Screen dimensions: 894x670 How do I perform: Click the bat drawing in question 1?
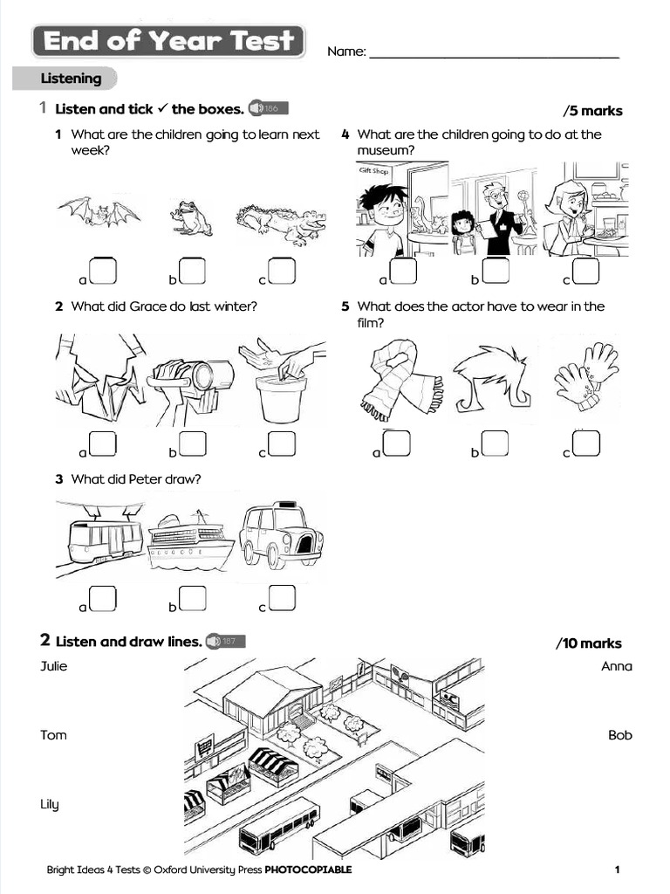99,212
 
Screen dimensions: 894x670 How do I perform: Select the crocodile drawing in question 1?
280,223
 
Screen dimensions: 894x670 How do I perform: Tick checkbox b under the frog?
192,272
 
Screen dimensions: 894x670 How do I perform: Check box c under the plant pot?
282,444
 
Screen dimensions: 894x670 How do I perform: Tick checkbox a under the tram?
103,598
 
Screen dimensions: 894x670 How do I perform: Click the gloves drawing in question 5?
585,375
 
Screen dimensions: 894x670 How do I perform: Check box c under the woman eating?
585,272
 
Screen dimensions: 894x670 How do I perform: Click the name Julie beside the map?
54,666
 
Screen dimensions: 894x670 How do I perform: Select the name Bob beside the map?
619,735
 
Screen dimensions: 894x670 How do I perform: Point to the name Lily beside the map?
50,804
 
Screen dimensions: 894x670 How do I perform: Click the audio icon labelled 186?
266,108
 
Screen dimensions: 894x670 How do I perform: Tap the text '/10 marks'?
589,643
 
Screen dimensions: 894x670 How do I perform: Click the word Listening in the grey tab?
71,79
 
